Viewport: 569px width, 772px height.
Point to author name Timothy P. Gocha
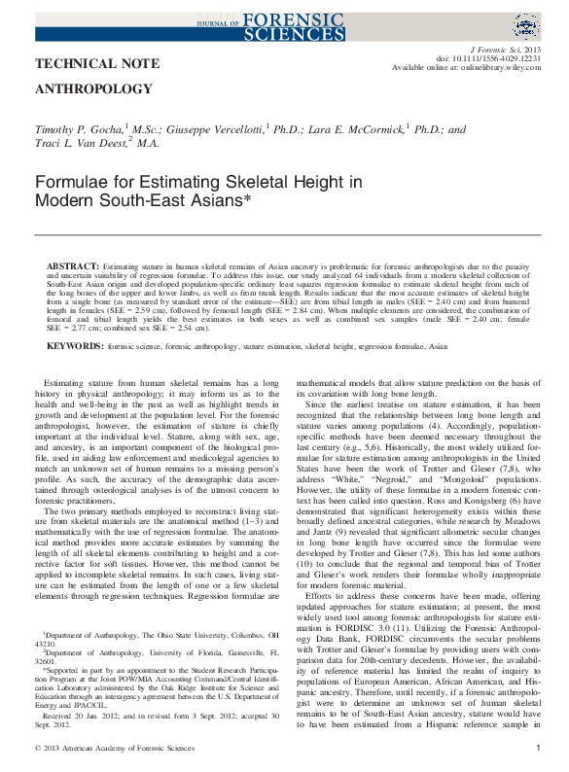(81, 128)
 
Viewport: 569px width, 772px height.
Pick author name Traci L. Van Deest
(83, 142)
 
